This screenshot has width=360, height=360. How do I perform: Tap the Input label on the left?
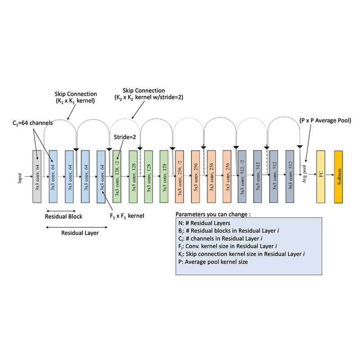(20, 177)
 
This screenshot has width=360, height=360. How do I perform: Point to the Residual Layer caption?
(80, 233)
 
